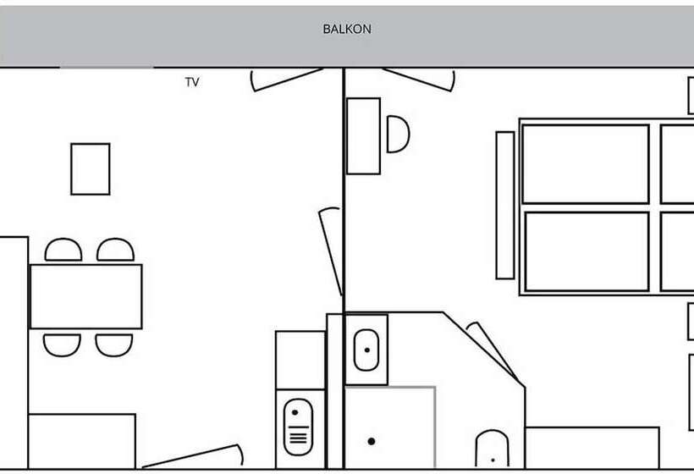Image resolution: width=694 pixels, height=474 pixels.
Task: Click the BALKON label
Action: click(347, 30)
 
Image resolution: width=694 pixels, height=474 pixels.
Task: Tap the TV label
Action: click(192, 82)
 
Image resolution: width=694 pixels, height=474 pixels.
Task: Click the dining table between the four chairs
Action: click(85, 296)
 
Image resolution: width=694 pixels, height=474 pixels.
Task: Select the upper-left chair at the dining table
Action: click(63, 250)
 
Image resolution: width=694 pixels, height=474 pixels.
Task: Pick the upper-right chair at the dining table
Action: click(115, 250)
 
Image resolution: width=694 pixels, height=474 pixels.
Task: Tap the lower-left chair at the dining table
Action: click(62, 345)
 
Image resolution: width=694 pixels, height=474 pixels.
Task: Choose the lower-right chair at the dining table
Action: click(114, 345)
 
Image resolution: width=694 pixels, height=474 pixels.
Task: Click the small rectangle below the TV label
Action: click(91, 169)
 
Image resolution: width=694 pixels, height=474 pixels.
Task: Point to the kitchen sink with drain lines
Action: click(298, 427)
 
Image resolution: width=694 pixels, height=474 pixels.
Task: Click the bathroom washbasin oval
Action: click(366, 350)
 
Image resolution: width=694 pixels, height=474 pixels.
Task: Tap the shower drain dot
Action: click(372, 441)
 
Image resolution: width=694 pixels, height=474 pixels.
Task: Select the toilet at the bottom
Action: click(493, 449)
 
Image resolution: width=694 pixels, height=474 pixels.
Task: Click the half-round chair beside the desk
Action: click(398, 134)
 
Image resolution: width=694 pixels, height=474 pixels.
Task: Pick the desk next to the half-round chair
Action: click(363, 136)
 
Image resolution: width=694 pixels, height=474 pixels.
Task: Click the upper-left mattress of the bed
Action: click(586, 164)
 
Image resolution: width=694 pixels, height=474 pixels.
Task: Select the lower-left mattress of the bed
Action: click(587, 252)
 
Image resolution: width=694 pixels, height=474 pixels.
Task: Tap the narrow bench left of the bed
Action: click(505, 206)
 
